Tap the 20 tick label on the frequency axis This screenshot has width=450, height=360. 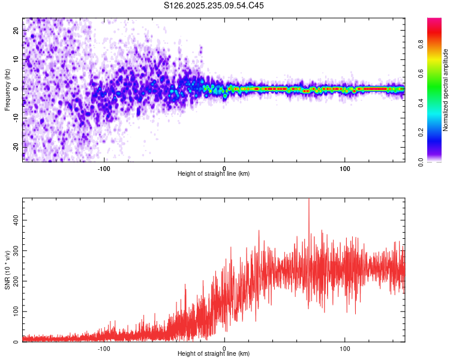tap(16, 31)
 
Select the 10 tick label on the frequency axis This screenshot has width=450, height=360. tap(16, 59)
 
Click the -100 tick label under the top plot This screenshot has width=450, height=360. tap(104, 168)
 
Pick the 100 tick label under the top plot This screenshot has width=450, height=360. tap(345, 168)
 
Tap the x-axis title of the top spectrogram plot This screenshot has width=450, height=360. tap(214, 174)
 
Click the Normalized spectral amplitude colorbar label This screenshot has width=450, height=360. tap(445, 90)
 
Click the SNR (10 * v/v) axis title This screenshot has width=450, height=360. tap(7, 270)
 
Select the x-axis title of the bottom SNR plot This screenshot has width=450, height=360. tap(214, 354)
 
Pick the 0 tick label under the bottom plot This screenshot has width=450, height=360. tap(224, 348)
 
